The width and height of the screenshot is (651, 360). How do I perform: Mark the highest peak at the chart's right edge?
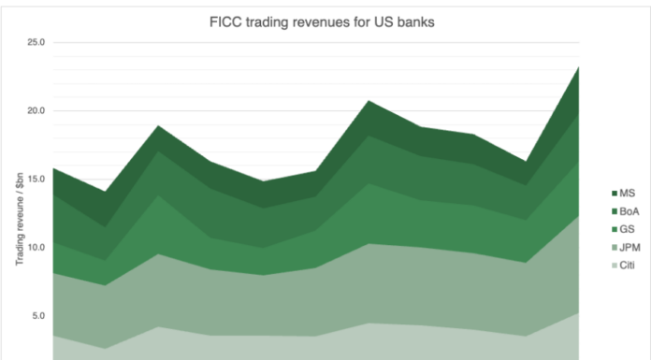click(579, 67)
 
